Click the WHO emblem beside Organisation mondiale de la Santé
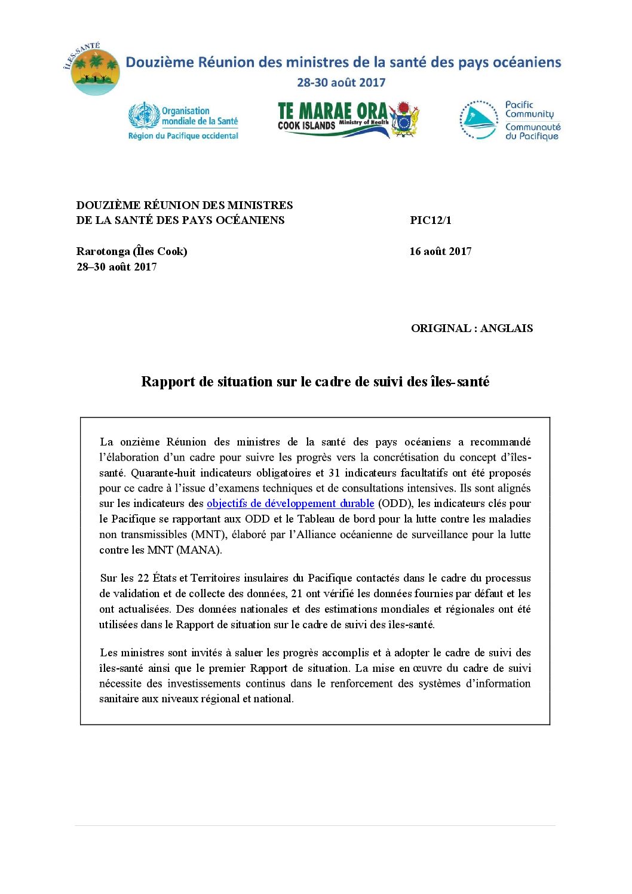[x=144, y=115]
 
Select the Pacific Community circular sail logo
[x=478, y=120]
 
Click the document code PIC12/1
[x=430, y=220]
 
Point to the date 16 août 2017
[x=440, y=251]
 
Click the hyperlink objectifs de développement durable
[x=290, y=503]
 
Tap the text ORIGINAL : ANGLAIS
[x=471, y=328]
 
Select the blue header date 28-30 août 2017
[x=341, y=83]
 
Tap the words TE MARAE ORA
[x=332, y=112]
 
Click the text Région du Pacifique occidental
[x=183, y=136]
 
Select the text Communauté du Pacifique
[x=532, y=131]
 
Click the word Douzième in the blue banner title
[x=160, y=63]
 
